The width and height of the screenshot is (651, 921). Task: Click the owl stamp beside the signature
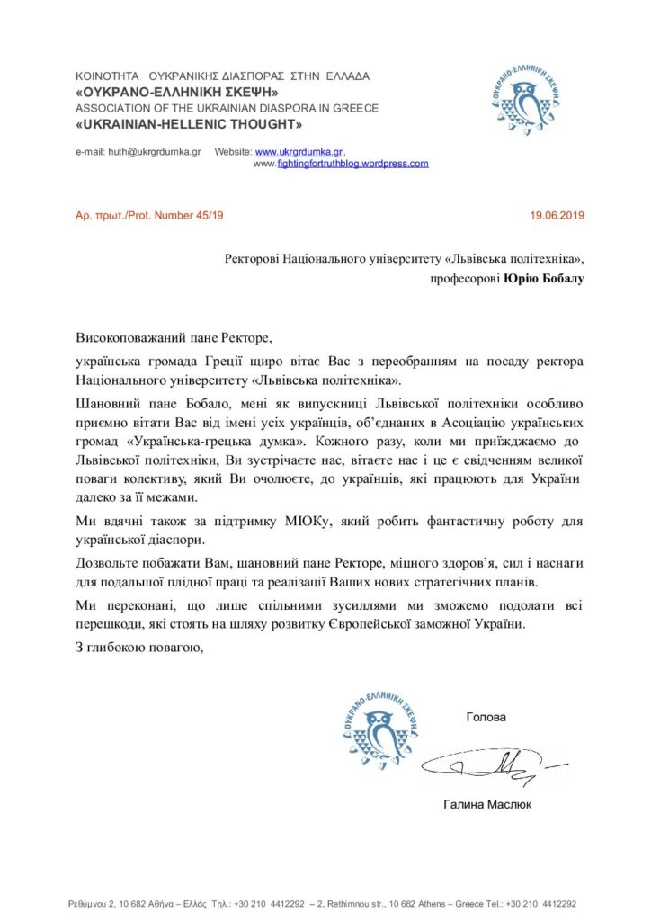click(x=379, y=725)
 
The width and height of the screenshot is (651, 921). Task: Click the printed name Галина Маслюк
click(x=487, y=804)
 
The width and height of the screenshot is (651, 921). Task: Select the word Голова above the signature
click(x=486, y=717)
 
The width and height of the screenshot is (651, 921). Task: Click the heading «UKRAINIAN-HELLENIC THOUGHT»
click(x=189, y=124)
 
